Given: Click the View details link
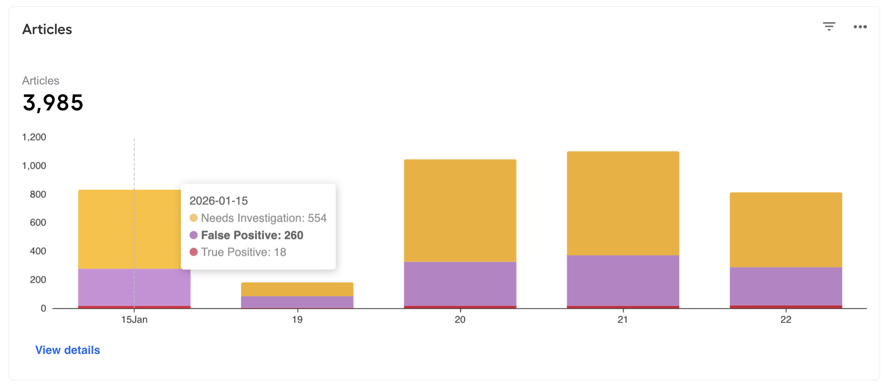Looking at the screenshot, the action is (68, 350).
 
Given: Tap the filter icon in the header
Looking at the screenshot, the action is (829, 26).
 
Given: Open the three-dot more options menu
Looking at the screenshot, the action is (860, 27).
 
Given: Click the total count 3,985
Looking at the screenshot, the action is (53, 103).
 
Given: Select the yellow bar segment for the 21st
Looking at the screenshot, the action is (623, 203).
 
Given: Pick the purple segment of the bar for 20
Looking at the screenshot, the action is (460, 284).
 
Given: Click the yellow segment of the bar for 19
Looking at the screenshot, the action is (297, 289).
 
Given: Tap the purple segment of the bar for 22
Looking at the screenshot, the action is (786, 286).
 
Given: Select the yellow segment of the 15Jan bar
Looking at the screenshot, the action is (129, 229).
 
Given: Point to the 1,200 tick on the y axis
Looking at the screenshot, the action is (34, 137).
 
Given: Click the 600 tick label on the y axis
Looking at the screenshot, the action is (38, 223).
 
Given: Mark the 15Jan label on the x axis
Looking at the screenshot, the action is (134, 320).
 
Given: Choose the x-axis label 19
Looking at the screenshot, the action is (297, 320).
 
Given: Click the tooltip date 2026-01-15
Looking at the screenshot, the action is (218, 201).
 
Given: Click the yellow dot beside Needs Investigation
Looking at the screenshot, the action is (193, 218).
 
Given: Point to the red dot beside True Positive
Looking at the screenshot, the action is (193, 252).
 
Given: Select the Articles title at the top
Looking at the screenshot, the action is (47, 30).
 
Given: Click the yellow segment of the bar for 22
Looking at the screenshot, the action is (786, 230).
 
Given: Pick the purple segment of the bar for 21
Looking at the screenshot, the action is (623, 281).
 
